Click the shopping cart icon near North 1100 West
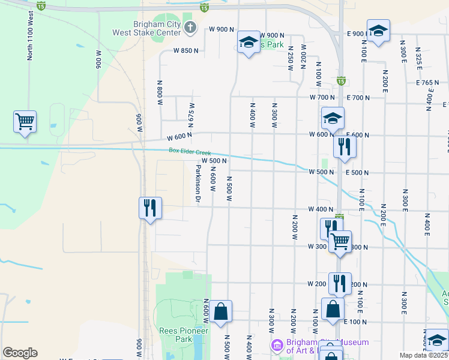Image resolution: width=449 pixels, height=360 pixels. coord(25,122)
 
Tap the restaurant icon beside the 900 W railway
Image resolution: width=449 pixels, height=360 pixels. coord(150,208)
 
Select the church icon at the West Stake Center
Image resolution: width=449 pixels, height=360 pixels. coord(190,26)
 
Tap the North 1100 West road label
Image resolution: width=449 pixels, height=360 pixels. coord(30,35)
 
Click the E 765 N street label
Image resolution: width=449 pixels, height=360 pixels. coord(427,83)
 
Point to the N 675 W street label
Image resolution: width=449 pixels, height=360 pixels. coord(191,110)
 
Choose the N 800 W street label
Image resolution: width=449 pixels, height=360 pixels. coord(160,92)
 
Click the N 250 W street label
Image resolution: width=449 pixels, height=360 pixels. coord(291,58)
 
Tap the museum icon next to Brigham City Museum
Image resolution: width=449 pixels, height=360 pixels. coord(276,345)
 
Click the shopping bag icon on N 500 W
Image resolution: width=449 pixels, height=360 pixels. coord(221,311)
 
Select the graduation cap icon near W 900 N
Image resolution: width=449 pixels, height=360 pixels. coord(248,43)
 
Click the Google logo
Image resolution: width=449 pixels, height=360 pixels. coord(20,353)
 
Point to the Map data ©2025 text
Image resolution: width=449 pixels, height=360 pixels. coord(423,355)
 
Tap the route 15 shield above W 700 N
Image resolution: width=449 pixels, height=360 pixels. coord(341,80)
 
